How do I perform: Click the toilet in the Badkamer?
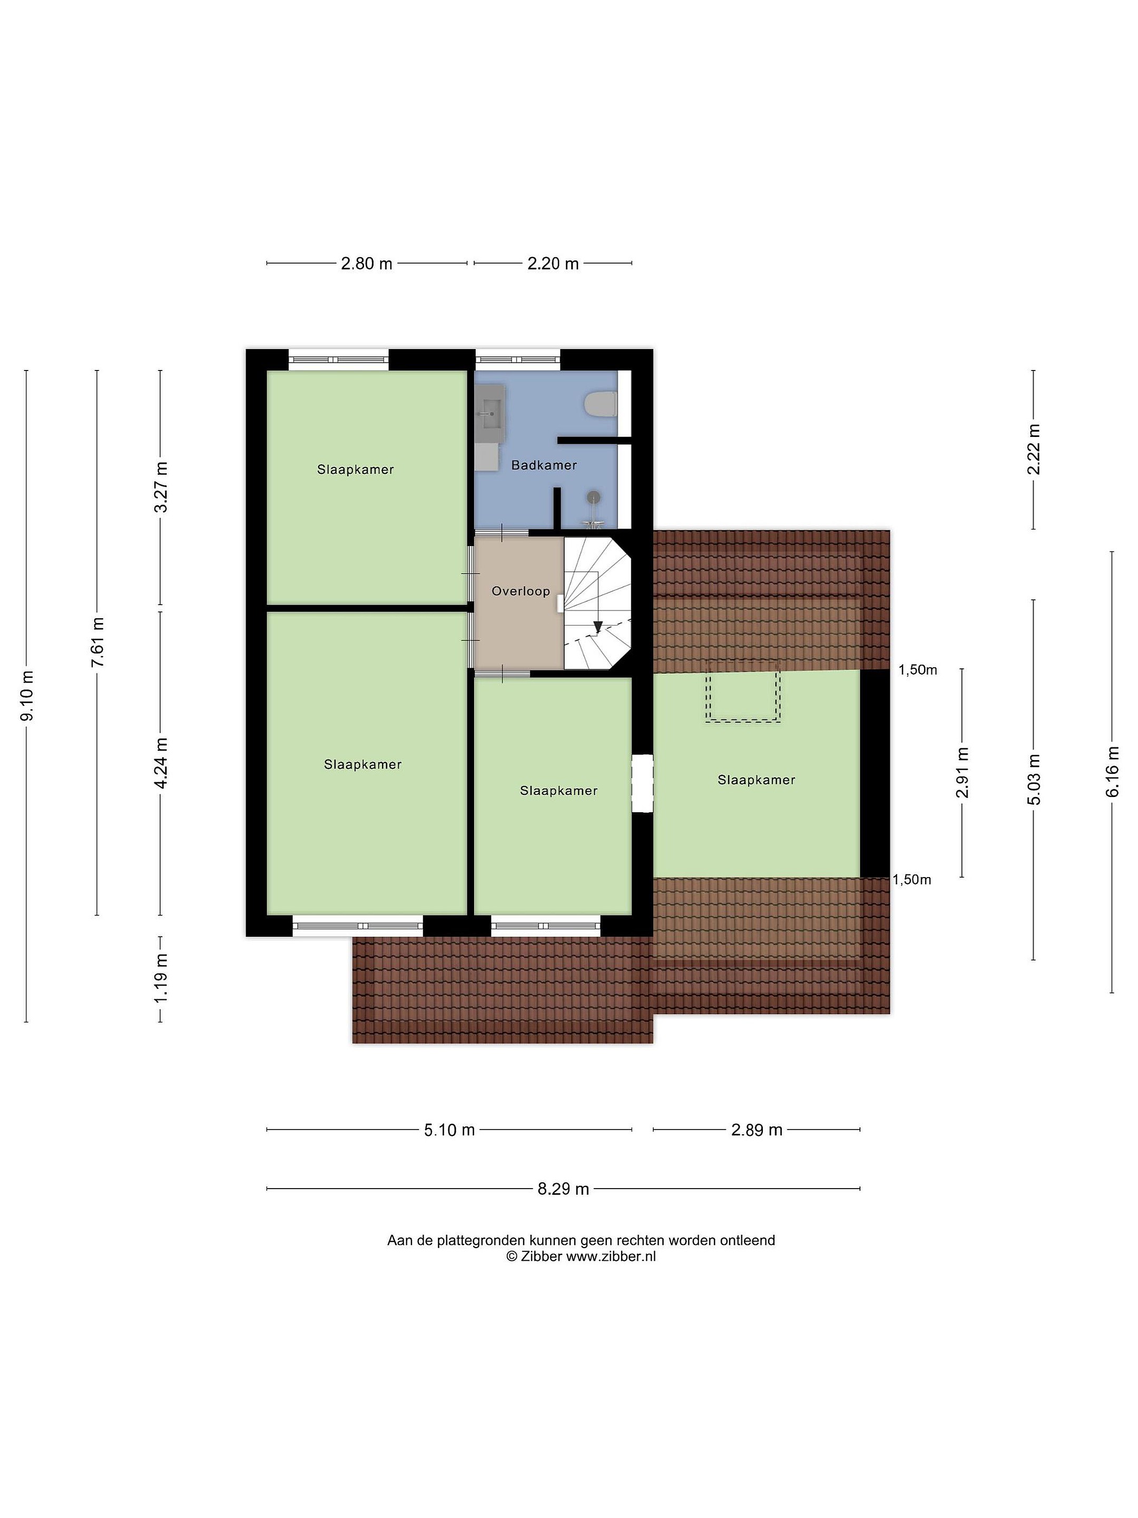602,404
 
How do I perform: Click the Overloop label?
521,591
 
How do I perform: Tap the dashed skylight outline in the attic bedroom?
743,691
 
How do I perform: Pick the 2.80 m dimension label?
366,264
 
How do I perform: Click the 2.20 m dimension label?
553,264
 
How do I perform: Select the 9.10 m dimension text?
27,696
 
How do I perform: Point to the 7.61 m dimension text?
97,643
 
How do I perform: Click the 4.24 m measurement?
161,764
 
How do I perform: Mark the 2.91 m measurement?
963,773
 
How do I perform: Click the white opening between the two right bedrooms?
643,783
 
